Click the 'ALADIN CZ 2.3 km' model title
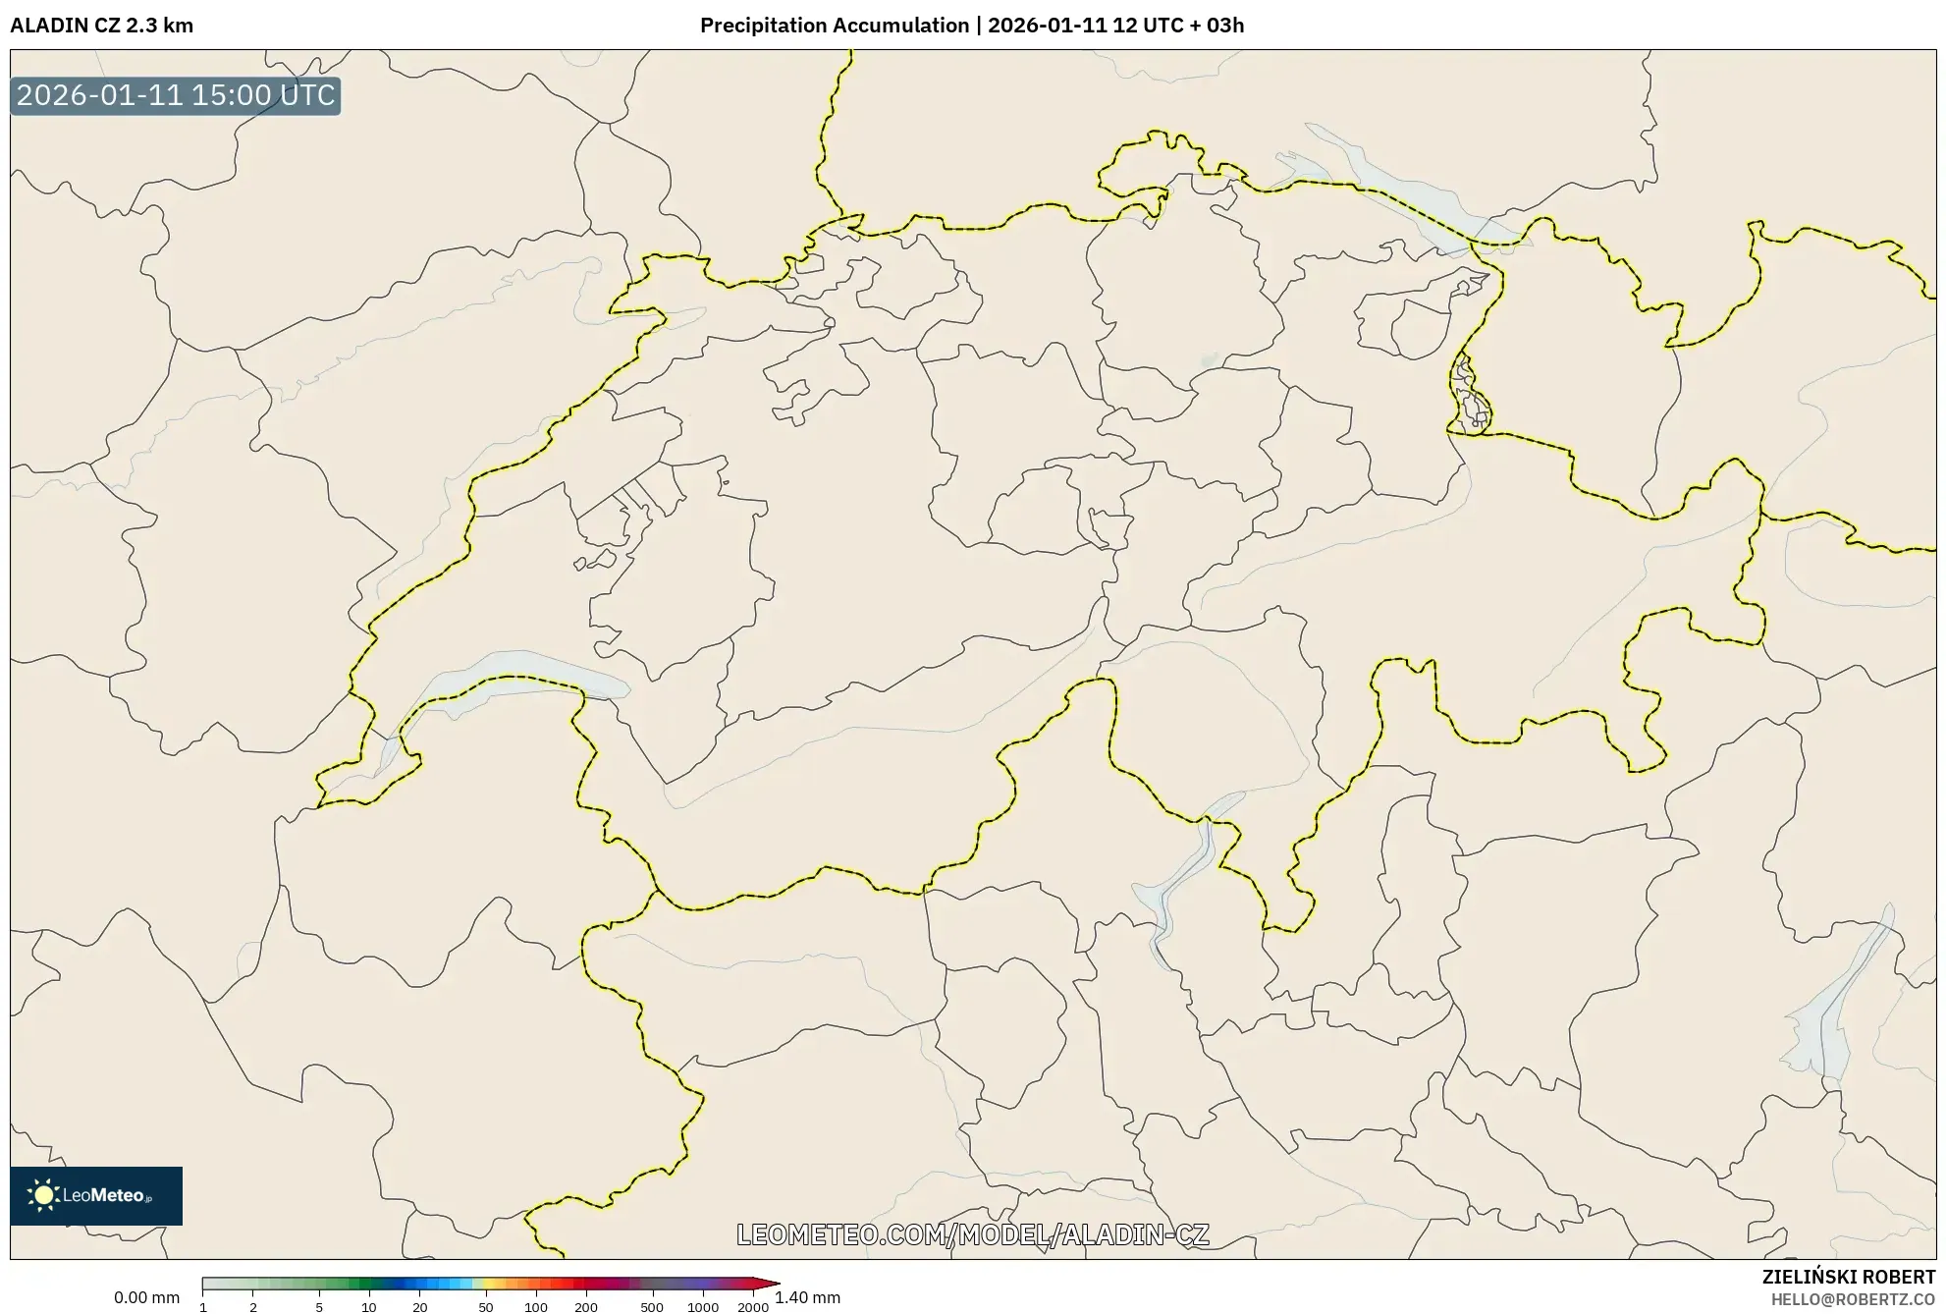[101, 26]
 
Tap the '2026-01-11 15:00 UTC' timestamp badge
[176, 96]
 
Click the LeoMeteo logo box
[96, 1195]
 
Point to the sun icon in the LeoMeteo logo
[43, 1195]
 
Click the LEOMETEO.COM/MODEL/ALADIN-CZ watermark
[972, 1234]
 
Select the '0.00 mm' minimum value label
[146, 1298]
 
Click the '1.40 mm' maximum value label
[807, 1298]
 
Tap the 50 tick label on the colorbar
[485, 1307]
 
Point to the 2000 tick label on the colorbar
[753, 1307]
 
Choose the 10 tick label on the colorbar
[368, 1307]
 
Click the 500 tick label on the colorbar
[652, 1307]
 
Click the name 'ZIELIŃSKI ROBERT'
[1849, 1278]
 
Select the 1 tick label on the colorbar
[203, 1307]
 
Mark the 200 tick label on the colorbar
[586, 1307]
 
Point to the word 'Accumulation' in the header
[901, 26]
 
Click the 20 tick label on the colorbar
[420, 1307]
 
